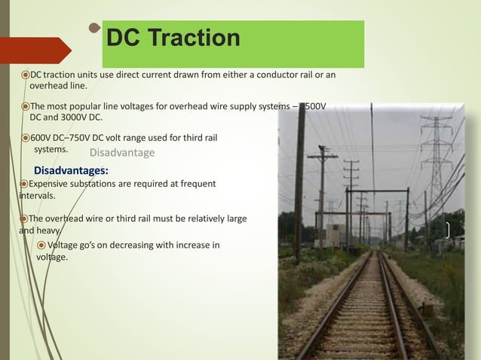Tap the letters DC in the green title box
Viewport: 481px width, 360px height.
click(125, 38)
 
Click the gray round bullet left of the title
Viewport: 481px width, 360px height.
click(94, 29)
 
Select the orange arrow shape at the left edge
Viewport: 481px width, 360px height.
click(38, 50)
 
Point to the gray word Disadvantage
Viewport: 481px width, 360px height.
click(122, 153)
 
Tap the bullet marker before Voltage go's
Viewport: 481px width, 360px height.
click(41, 245)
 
